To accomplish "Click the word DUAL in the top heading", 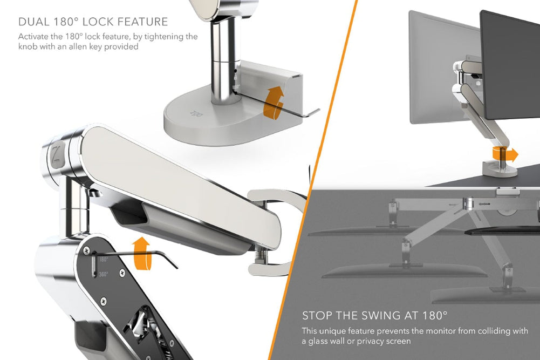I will tap(31, 22).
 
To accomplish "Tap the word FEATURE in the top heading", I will tap(143, 22).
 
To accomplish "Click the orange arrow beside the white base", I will tap(274, 101).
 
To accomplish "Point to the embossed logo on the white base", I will tap(195, 114).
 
